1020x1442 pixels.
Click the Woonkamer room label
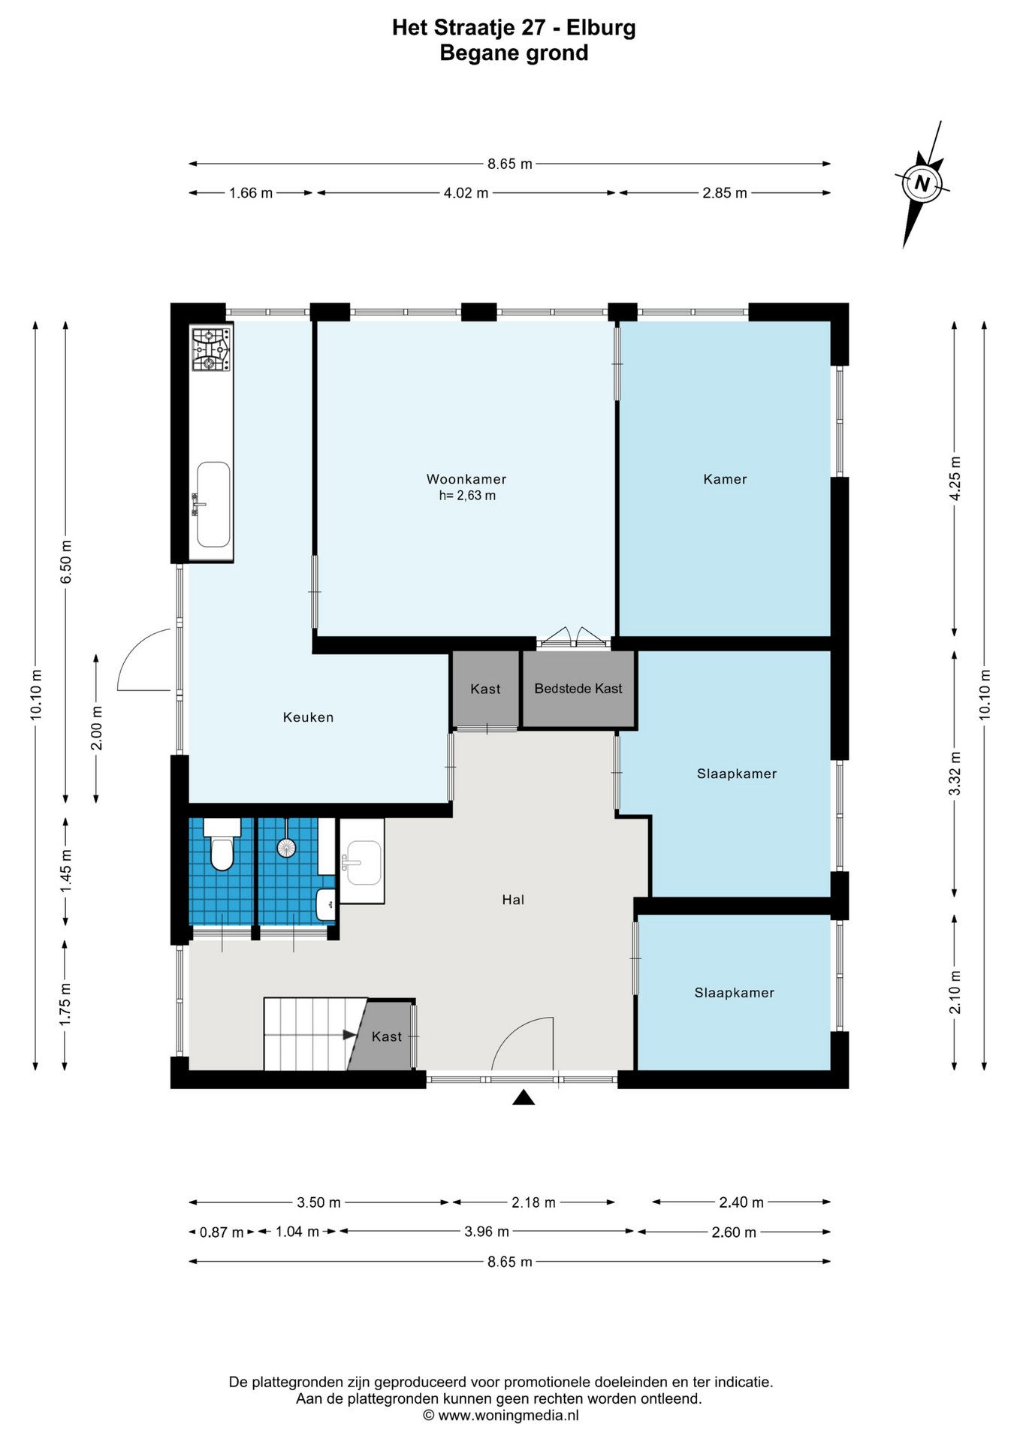pos(466,479)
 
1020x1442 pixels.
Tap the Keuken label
pos(308,717)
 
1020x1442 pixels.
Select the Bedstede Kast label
pos(578,689)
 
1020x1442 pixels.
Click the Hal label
pos(513,900)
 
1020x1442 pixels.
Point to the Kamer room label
pos(725,479)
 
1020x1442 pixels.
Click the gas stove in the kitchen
pos(210,350)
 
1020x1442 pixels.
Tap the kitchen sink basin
pos(213,504)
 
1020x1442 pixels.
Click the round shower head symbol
pos(287,848)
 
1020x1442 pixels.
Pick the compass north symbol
pos(922,184)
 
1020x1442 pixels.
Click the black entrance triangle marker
pos(524,1098)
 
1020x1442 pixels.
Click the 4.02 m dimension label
pos(466,193)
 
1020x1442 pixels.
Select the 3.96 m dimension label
pos(487,1232)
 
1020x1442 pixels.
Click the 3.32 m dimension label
pos(955,774)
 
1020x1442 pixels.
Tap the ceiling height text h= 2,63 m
pos(467,496)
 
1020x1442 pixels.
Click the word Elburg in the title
pos(601,28)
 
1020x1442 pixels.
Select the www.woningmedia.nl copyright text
pos(501,1416)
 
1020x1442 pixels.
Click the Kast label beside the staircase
pos(387,1036)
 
